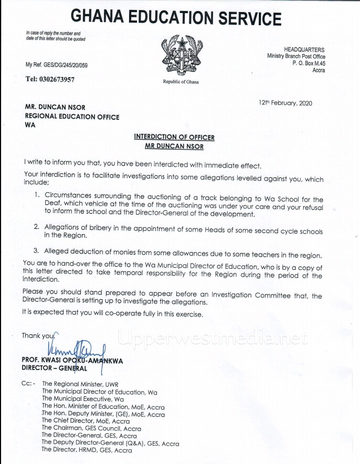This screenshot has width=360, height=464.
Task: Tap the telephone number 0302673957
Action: click(x=50, y=79)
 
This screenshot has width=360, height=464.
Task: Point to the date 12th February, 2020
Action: click(x=285, y=103)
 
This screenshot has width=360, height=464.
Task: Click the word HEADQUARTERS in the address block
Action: click(x=304, y=49)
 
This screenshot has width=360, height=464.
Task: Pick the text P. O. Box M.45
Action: click(x=309, y=63)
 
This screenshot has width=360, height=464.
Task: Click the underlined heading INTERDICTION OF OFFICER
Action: click(x=174, y=137)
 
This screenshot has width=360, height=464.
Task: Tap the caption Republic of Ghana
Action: click(x=181, y=82)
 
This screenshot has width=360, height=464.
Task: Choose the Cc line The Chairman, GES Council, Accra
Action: click(x=91, y=428)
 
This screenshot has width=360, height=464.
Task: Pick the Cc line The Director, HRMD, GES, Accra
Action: click(x=87, y=450)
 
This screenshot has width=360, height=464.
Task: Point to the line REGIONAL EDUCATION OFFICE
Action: click(x=72, y=117)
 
